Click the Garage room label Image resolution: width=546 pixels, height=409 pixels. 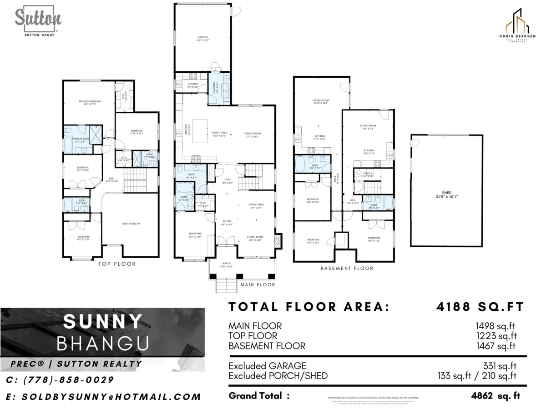tap(202, 39)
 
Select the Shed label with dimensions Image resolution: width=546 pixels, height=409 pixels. tap(446, 194)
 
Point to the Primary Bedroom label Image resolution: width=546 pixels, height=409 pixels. tap(89, 103)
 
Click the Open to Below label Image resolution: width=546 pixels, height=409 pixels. tap(130, 224)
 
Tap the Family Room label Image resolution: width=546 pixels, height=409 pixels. tap(253, 135)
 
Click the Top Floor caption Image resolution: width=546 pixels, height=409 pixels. tap(117, 264)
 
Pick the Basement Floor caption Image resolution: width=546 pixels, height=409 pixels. tap(347, 269)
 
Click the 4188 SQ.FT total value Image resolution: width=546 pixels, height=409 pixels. tap(480, 307)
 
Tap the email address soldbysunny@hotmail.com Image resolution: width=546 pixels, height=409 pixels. tap(103, 397)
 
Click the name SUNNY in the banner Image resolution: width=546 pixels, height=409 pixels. tap(103, 322)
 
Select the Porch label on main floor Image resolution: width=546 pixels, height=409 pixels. tap(226, 264)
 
